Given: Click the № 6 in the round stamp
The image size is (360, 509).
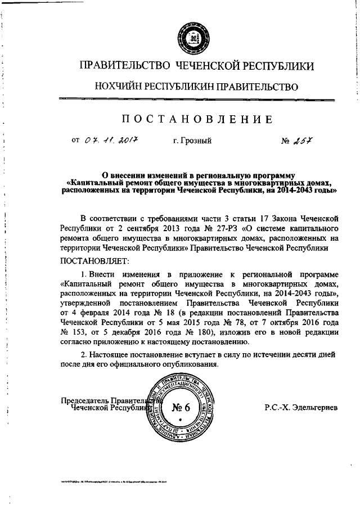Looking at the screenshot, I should [x=179, y=407].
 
